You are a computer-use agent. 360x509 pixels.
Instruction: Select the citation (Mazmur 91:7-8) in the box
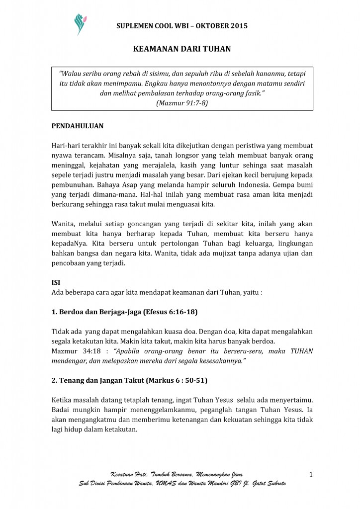click(182, 103)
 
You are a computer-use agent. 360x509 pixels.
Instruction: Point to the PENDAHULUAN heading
click(78, 126)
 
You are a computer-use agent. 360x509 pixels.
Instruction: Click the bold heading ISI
click(56, 282)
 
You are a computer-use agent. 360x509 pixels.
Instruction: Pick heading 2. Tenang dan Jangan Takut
click(129, 381)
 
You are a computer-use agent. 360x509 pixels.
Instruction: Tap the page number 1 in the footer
click(311, 475)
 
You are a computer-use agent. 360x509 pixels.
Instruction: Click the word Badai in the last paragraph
click(62, 410)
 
